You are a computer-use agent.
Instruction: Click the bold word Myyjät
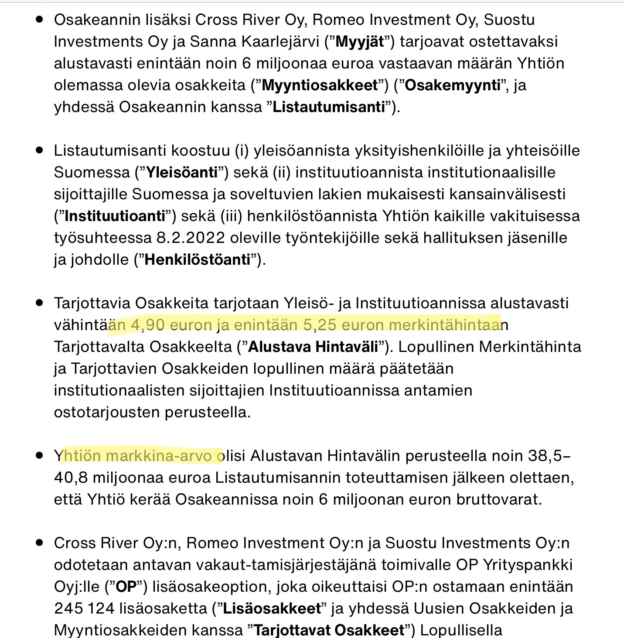pos(360,41)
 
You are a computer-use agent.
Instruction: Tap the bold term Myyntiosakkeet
pos(320,85)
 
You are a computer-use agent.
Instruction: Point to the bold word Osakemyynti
pos(452,85)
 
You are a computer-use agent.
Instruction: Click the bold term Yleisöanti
pos(181,172)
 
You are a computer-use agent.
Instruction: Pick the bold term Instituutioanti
pos(115,216)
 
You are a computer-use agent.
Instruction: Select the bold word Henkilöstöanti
pos(198,259)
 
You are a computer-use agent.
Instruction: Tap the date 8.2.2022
pos(191,238)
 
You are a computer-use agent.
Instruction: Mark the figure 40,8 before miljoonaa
pos(71,478)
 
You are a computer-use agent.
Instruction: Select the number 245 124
pos(84,608)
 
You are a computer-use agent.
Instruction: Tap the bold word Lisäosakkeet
pos(272,608)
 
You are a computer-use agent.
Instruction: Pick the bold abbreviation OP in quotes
pos(126,587)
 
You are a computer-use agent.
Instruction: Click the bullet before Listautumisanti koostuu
pos(40,150)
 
